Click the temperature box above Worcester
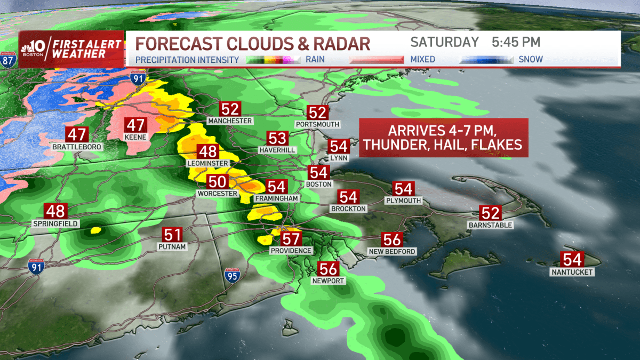click(x=217, y=182)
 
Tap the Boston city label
click(x=319, y=184)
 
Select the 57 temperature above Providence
click(x=291, y=239)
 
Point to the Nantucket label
click(x=573, y=273)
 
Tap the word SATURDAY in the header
click(x=445, y=42)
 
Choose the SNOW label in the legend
click(x=531, y=60)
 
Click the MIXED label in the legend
click(x=423, y=60)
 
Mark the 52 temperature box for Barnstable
click(x=490, y=213)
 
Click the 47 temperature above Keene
click(x=135, y=126)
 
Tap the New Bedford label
click(x=392, y=251)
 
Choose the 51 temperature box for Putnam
click(x=172, y=235)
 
